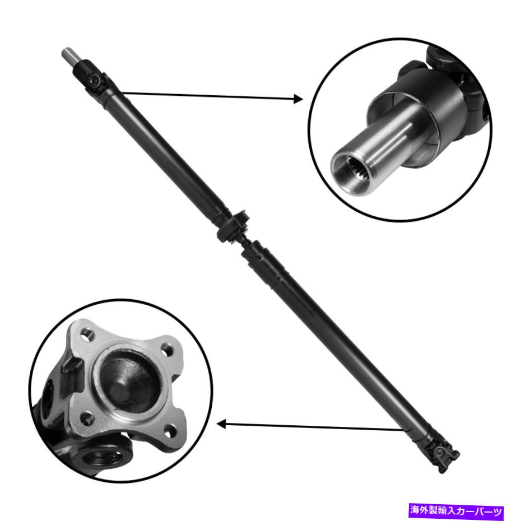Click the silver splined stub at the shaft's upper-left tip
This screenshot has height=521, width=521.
coord(67,56)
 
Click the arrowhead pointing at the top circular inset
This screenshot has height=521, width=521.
coord(297,99)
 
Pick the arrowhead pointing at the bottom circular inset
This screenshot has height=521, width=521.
coord(221,424)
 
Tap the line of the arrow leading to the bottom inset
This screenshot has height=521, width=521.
coord(314,427)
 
